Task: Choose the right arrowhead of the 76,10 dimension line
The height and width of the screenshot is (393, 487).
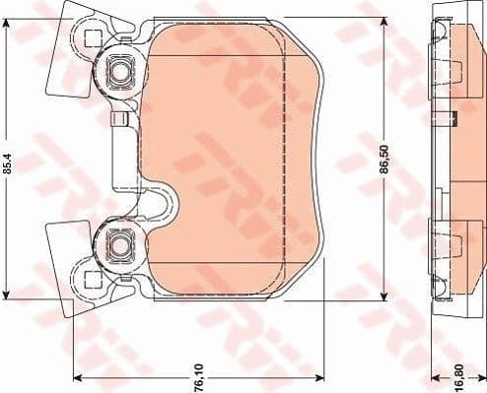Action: tap(322, 379)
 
